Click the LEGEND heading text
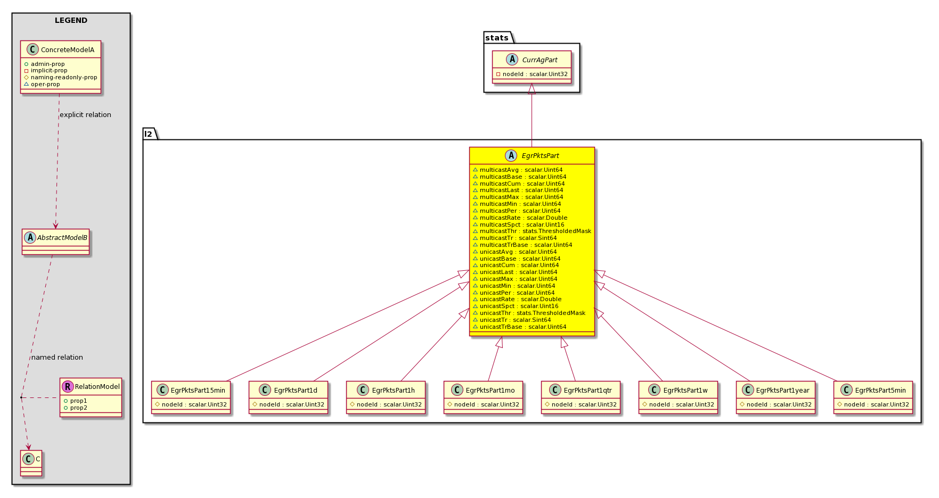[71, 21]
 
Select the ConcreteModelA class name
[68, 50]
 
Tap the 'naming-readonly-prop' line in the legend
[64, 77]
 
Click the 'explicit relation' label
[85, 115]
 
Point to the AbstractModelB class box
[56, 242]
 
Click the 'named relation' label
[57, 358]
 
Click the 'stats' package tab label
[497, 38]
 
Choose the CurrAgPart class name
[540, 60]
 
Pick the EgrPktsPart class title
[541, 156]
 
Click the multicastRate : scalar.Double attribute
[524, 218]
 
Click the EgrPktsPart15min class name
[198, 391]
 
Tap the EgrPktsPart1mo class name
[491, 391]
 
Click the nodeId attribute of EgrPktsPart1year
[779, 404]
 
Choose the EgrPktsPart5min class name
[880, 391]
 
